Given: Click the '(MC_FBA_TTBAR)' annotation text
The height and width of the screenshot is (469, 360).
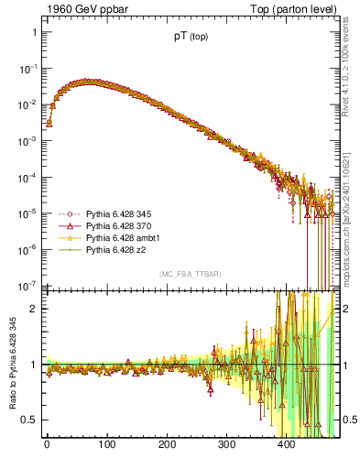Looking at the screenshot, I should [x=190, y=275].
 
